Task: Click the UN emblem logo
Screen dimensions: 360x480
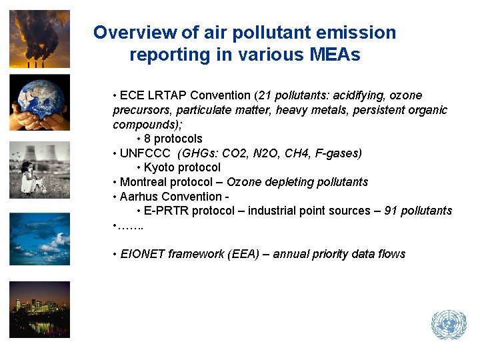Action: click(x=449, y=325)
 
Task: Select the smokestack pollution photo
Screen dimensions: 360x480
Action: click(x=39, y=39)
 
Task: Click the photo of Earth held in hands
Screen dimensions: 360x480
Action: click(x=39, y=102)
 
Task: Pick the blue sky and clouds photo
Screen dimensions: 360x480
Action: click(x=39, y=239)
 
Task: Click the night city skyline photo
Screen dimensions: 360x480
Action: click(x=39, y=309)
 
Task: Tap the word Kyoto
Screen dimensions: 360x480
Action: click(x=161, y=167)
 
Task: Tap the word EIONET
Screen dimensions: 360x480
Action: click(x=143, y=254)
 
